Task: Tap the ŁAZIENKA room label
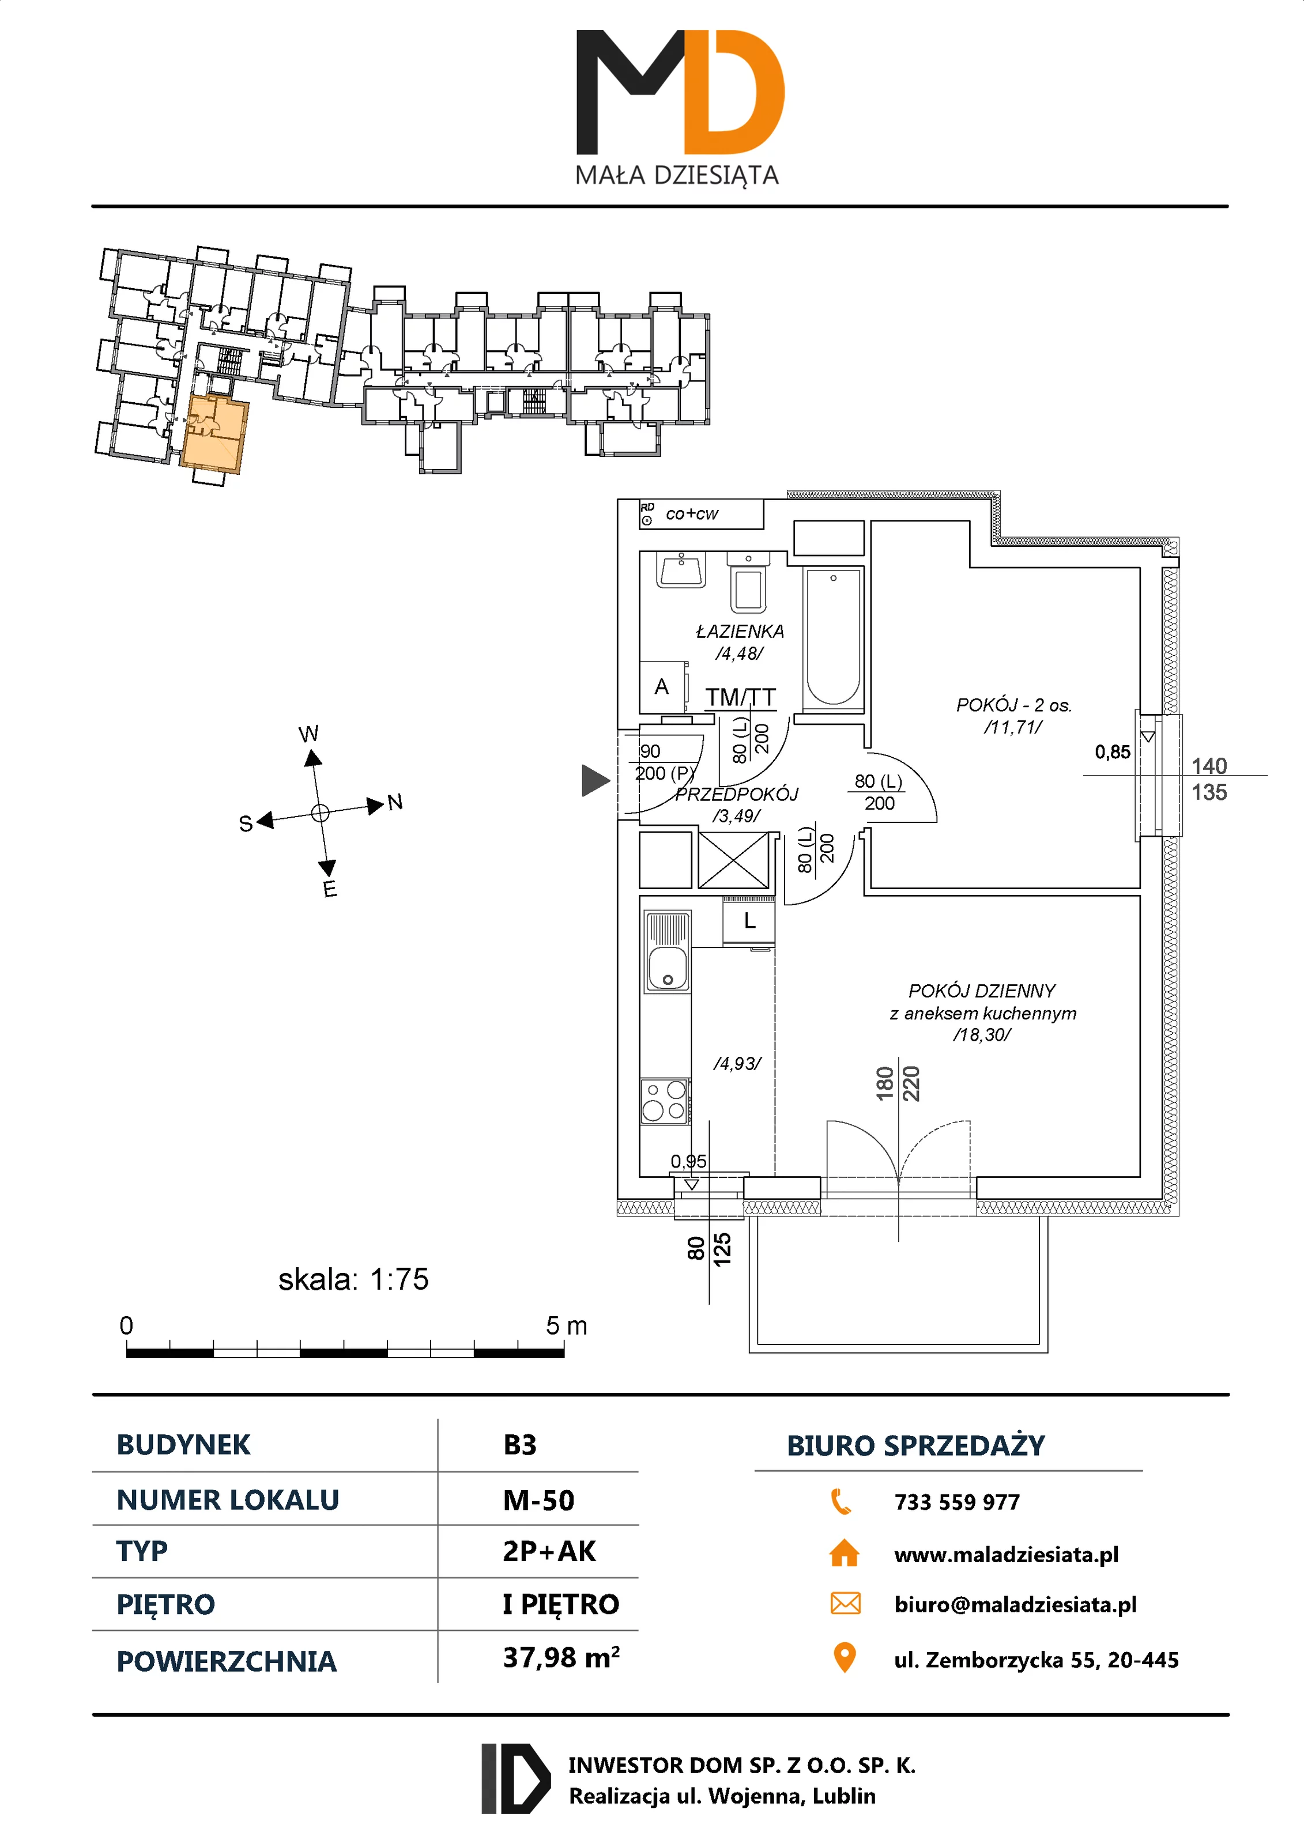point(739,631)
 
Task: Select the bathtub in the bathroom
point(833,638)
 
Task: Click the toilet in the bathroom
point(748,585)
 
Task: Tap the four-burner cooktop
point(665,1100)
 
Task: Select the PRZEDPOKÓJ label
point(737,794)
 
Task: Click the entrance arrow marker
point(594,780)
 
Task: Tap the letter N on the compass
point(394,802)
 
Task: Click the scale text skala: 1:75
point(353,1279)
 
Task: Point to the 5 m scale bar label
point(567,1325)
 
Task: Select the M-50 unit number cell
point(538,1500)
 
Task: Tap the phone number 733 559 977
point(957,1502)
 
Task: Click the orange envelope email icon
point(845,1604)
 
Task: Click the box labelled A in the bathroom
point(662,687)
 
